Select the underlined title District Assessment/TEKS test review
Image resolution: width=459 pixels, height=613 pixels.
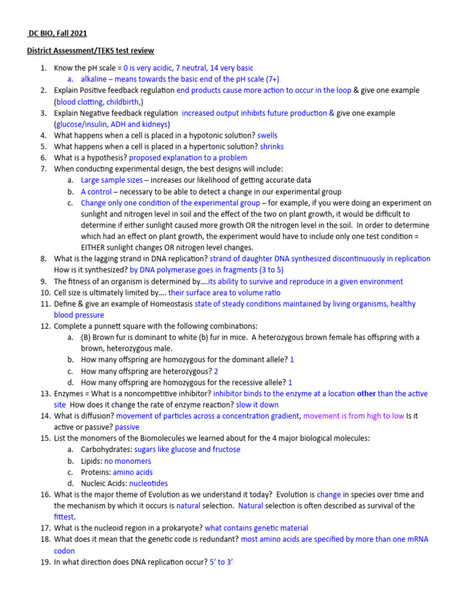point(90,51)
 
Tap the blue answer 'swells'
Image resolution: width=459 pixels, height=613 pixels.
point(267,135)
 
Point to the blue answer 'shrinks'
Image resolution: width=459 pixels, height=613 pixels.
point(272,147)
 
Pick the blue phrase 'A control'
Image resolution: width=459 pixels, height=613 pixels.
point(96,192)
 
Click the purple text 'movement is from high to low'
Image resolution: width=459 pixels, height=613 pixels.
point(353,415)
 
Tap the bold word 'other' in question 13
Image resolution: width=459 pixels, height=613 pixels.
point(366,393)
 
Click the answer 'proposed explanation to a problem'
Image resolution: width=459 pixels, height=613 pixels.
point(188,158)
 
